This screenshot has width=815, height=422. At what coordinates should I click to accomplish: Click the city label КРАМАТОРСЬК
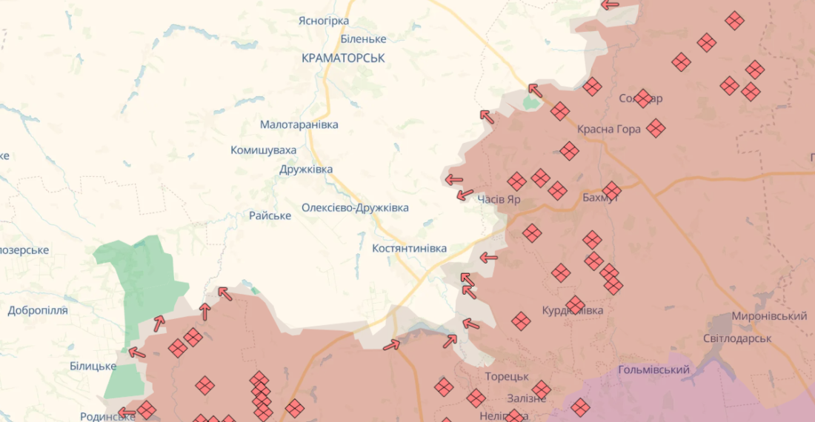[343, 58]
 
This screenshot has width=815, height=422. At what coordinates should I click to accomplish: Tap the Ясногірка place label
[323, 21]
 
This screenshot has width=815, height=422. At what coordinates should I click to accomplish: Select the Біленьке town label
[363, 39]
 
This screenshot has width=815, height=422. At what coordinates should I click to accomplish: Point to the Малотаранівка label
[299, 124]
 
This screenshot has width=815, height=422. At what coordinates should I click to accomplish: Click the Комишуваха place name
[263, 150]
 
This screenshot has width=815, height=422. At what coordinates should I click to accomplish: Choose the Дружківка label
[306, 170]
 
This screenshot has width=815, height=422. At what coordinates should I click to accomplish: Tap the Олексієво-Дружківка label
[355, 208]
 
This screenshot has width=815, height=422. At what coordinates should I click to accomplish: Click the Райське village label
[270, 215]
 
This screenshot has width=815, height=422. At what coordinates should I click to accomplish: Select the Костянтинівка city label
[409, 248]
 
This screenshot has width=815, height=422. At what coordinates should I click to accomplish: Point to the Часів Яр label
[499, 199]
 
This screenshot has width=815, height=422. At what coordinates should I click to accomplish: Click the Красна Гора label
[609, 130]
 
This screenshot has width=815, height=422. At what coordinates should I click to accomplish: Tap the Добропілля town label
[38, 310]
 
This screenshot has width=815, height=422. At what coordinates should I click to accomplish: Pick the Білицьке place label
[93, 366]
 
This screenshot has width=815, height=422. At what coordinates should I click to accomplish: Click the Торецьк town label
[507, 376]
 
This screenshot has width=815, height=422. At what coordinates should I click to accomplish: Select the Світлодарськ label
[737, 338]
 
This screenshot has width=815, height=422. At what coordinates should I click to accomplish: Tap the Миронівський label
[769, 316]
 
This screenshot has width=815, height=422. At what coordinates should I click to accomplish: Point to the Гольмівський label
[653, 369]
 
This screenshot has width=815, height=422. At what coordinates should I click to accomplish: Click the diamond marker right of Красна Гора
[656, 128]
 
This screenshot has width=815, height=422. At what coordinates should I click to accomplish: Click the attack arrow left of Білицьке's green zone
[137, 352]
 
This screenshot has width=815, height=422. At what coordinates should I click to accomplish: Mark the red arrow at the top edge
[610, 4]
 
